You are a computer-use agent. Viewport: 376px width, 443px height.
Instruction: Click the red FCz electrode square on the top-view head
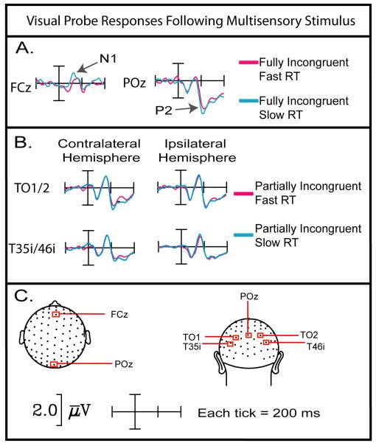(x=56, y=314)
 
